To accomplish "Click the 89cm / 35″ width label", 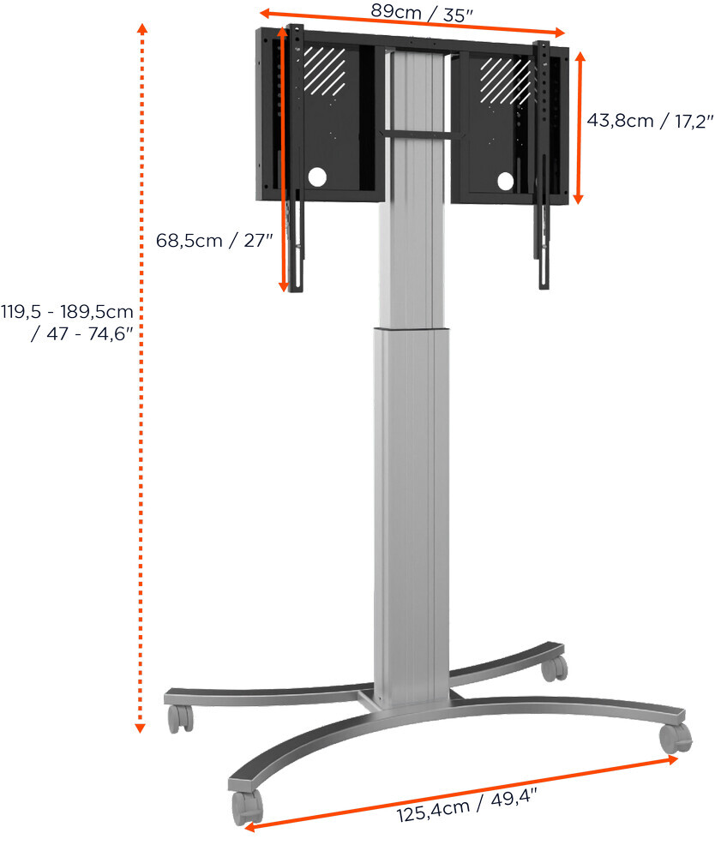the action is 422,13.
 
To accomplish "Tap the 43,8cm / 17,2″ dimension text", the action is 650,120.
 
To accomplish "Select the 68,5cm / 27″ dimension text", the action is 214,241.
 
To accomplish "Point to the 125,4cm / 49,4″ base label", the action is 467,805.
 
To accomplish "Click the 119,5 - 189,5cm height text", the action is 67,312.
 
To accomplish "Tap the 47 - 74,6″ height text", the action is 82,333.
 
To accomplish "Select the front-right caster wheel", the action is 675,739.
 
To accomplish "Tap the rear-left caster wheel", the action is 180,718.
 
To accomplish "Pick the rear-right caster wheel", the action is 555,668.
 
